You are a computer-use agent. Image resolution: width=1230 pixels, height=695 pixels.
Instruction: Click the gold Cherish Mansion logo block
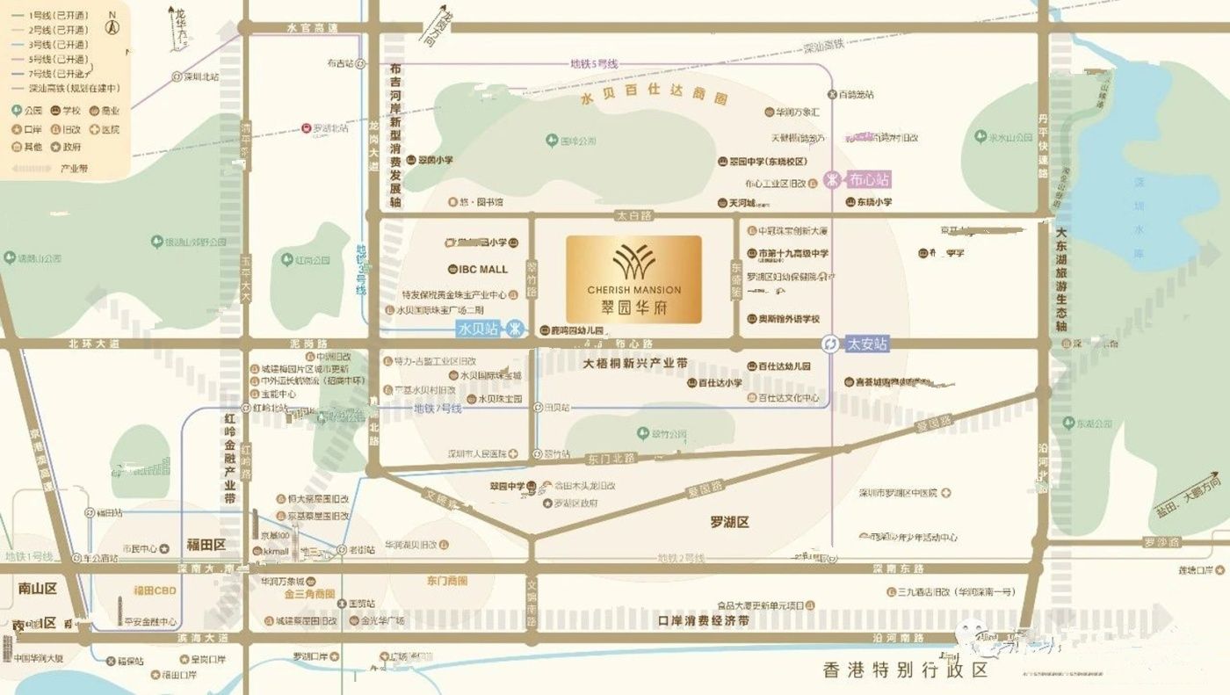tap(633, 279)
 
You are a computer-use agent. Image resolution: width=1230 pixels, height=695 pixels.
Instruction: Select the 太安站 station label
tap(867, 344)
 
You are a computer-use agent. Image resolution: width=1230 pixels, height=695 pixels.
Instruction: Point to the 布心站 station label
tap(869, 180)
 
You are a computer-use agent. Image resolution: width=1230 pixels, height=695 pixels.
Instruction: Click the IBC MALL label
tap(482, 269)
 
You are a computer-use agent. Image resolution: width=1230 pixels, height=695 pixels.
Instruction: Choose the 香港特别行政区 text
tap(905, 670)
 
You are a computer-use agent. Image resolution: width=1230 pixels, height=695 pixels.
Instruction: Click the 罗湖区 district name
tap(729, 522)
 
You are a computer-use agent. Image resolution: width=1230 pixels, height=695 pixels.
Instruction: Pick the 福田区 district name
tap(206, 545)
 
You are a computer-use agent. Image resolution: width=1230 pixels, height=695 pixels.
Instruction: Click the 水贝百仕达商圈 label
tap(655, 98)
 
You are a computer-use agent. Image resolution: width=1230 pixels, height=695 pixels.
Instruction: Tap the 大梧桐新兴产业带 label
tap(635, 363)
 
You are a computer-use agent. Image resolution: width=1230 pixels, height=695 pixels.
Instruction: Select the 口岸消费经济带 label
tap(703, 620)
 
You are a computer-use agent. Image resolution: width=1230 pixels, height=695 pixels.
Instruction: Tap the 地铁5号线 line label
tap(594, 63)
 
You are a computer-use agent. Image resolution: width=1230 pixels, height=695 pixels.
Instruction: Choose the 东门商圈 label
tap(447, 580)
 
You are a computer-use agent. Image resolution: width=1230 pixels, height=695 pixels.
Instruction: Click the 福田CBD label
tap(156, 590)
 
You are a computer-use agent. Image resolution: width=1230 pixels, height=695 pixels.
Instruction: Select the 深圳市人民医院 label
tap(477, 453)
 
